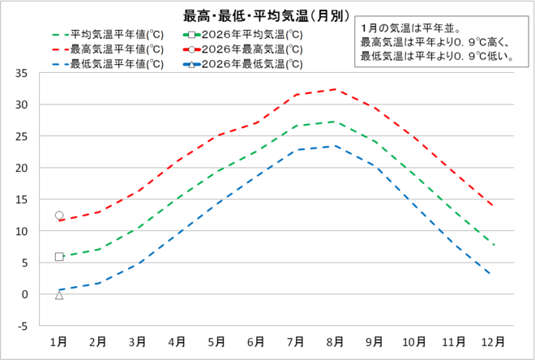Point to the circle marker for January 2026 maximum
pos(59,216)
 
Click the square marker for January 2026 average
pos(59,257)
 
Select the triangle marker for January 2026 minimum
pos(59,295)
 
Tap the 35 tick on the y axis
pos(22,74)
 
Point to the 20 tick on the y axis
pos(22,168)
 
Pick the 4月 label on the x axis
pos(177,341)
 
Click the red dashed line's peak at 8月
pos(335,89)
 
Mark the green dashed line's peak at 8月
pos(335,122)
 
